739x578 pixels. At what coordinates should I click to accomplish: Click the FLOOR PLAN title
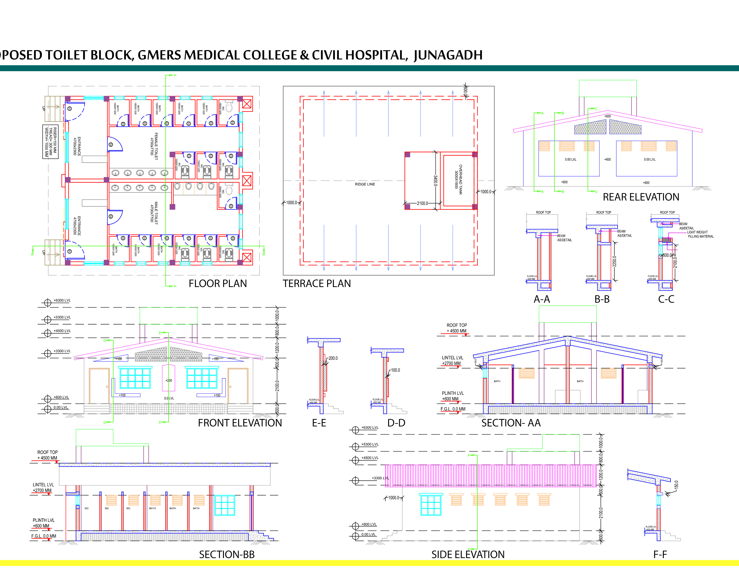[x=218, y=284]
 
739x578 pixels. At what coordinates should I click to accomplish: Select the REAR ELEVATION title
[x=641, y=197]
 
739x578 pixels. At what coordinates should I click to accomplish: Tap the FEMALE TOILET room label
[x=154, y=146]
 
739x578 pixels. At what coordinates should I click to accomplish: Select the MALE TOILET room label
[x=154, y=213]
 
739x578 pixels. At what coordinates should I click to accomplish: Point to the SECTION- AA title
[x=511, y=423]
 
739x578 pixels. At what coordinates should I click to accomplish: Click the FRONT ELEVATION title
[x=240, y=423]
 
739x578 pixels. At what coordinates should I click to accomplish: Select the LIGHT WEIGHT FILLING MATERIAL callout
[x=700, y=234]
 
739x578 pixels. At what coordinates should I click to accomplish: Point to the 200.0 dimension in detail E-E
[x=333, y=358]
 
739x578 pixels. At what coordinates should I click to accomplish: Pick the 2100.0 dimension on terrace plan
[x=422, y=203]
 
